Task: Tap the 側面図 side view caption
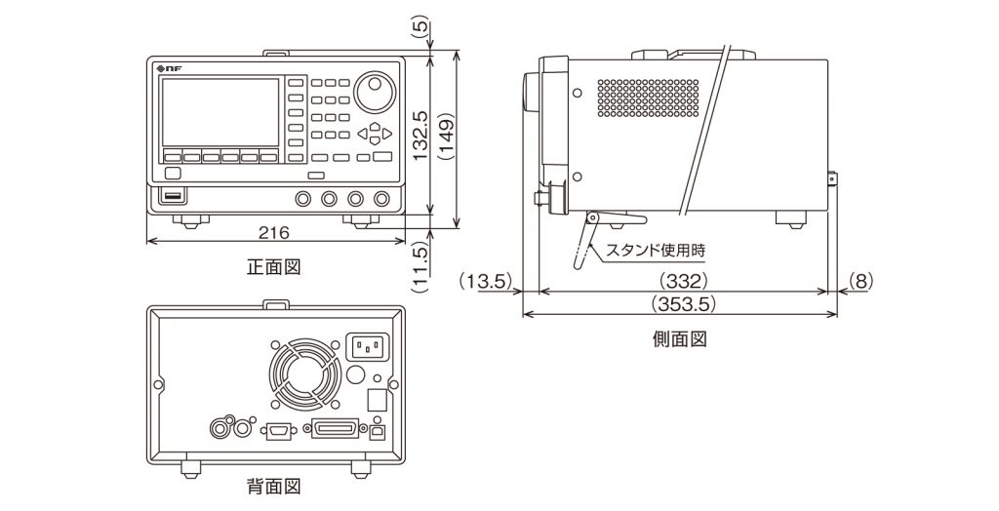pyautogui.click(x=679, y=339)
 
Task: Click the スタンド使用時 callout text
pyautogui.click(x=656, y=250)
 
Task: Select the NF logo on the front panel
pyautogui.click(x=168, y=67)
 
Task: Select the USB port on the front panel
pyautogui.click(x=173, y=198)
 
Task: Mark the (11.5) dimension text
pyautogui.click(x=420, y=265)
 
